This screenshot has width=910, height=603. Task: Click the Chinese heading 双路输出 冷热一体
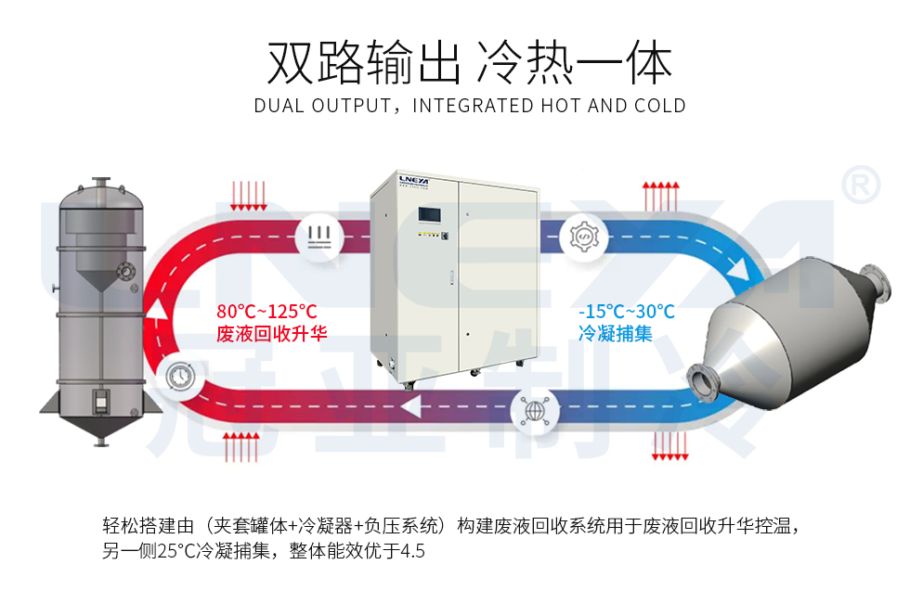[x=469, y=63]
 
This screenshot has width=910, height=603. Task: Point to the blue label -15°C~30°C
[x=626, y=312]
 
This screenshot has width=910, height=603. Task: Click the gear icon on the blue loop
[x=586, y=235]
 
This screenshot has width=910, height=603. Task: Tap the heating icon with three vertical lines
[x=318, y=235]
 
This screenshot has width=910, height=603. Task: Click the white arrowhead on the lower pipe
[x=411, y=405]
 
